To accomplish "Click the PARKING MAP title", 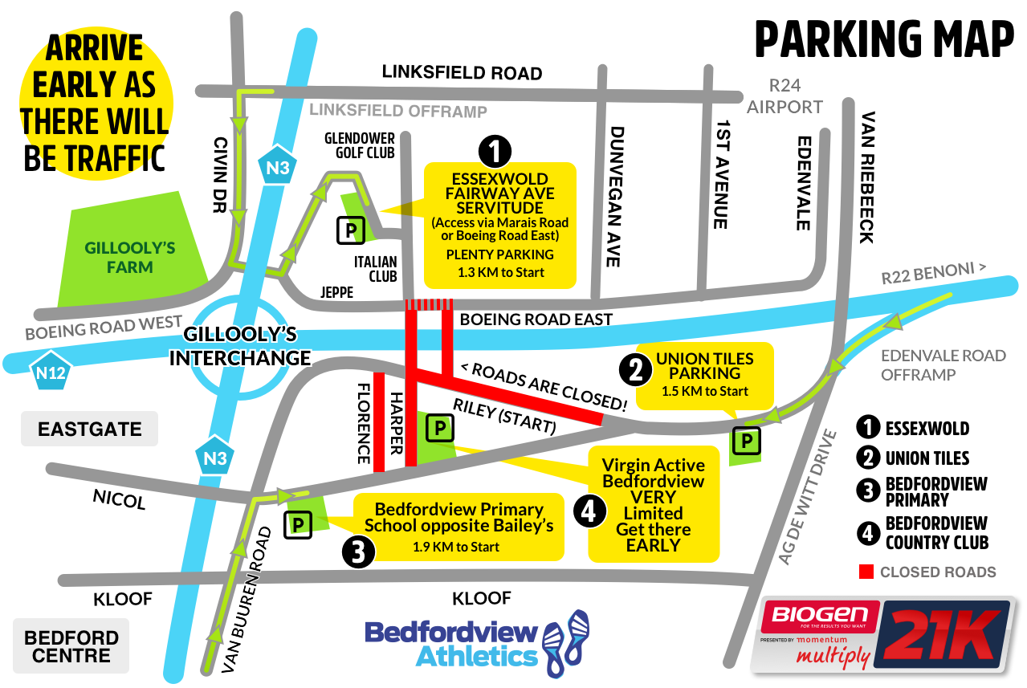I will click(884, 38).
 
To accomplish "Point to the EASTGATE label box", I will click(89, 429).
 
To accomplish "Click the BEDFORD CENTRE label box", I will click(71, 646).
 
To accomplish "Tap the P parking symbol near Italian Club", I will click(351, 231).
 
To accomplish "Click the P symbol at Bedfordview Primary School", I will click(299, 525).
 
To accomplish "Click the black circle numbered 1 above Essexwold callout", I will click(495, 150).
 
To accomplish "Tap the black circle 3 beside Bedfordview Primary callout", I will click(358, 552).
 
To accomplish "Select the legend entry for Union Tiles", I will click(927, 458).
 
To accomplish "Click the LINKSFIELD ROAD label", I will click(462, 72).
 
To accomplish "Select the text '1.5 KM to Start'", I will click(705, 391).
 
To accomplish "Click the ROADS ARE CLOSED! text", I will click(544, 385).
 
